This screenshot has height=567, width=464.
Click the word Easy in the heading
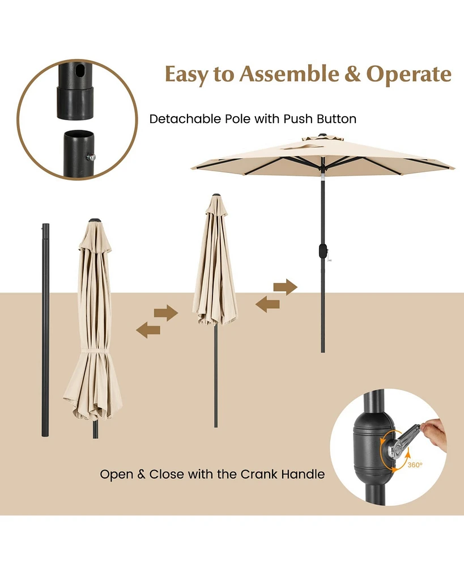click(x=188, y=74)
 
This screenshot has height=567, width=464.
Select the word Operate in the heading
click(x=409, y=74)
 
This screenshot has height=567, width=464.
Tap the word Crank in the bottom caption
click(x=266, y=474)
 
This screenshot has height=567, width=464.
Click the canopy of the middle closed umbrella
click(x=215, y=266)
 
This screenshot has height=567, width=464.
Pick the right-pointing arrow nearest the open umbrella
click(x=286, y=287)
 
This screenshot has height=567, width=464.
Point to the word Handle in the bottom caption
click(x=305, y=474)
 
